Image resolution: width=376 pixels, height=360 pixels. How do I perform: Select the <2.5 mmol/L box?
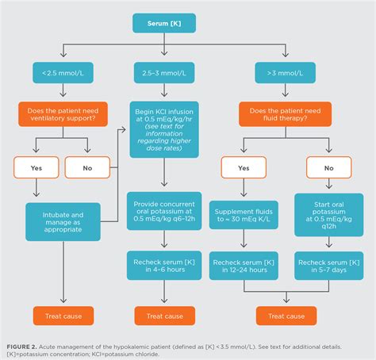point(63,73)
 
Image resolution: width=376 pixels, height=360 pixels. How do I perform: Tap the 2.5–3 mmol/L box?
point(164,73)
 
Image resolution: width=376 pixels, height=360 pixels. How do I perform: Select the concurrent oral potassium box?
point(164,211)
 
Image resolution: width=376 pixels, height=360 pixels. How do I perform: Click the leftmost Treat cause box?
point(63,315)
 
